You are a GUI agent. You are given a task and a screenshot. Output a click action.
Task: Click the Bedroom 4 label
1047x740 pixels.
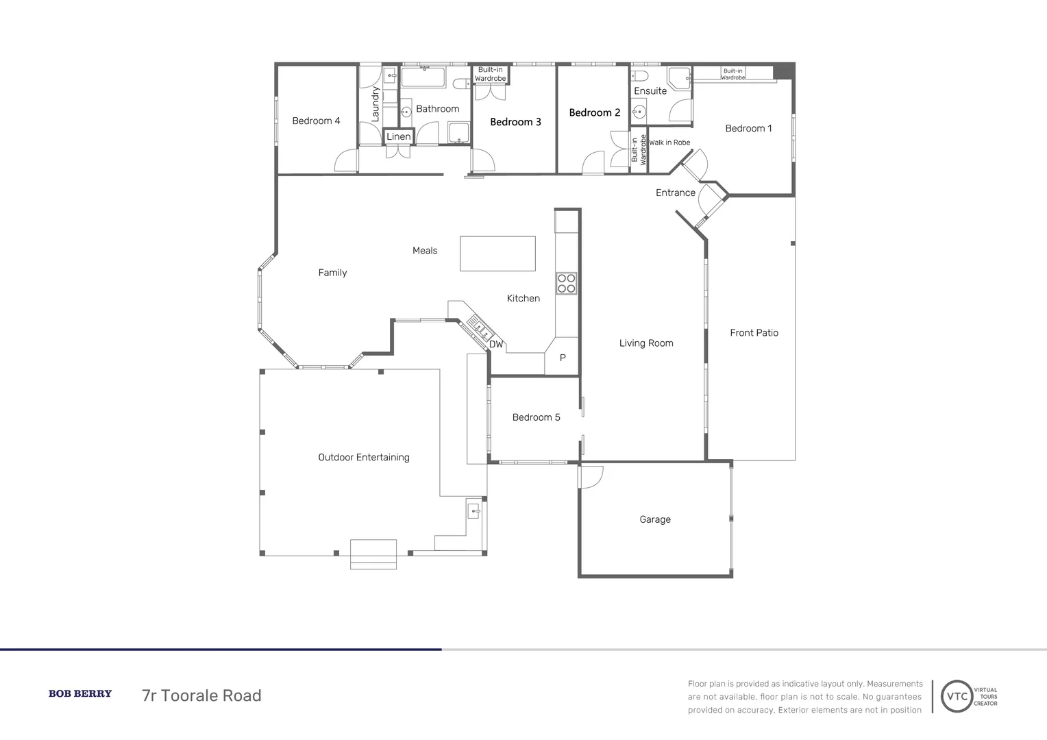pyautogui.click(x=316, y=121)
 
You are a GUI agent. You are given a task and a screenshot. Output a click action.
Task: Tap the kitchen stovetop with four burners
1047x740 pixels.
pyautogui.click(x=566, y=283)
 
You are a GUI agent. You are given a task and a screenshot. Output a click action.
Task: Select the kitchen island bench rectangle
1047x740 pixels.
pyautogui.click(x=497, y=254)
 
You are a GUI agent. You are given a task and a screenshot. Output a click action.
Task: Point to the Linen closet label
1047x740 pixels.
pyautogui.click(x=399, y=136)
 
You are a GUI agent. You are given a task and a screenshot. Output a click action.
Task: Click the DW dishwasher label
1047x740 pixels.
pyautogui.click(x=496, y=345)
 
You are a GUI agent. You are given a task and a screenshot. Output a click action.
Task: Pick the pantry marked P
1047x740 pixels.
pyautogui.click(x=563, y=357)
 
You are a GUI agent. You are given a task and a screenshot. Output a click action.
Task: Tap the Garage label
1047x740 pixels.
pyautogui.click(x=655, y=519)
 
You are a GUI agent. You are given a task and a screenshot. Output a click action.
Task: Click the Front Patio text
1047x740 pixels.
pyautogui.click(x=754, y=333)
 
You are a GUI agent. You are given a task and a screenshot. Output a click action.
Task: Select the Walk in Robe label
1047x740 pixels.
pyautogui.click(x=669, y=143)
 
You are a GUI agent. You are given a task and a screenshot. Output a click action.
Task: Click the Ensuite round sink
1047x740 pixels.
pyautogui.click(x=639, y=112)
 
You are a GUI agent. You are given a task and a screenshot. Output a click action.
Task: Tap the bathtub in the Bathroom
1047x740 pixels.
pyautogui.click(x=423, y=77)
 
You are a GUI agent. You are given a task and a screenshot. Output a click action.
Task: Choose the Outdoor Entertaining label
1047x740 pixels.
pyautogui.click(x=364, y=457)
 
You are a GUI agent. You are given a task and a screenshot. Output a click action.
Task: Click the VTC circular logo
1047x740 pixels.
pyautogui.click(x=957, y=696)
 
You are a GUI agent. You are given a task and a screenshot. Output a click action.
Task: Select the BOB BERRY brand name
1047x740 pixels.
pyautogui.click(x=80, y=693)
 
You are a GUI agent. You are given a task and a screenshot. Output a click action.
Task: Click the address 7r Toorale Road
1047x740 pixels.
pyautogui.click(x=201, y=695)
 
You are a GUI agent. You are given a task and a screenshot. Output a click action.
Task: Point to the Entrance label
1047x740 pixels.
pyautogui.click(x=676, y=193)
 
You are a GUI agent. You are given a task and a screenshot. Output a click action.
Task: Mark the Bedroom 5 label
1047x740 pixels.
pyautogui.click(x=536, y=417)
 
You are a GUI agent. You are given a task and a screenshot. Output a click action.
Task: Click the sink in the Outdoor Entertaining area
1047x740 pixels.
pyautogui.click(x=474, y=511)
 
